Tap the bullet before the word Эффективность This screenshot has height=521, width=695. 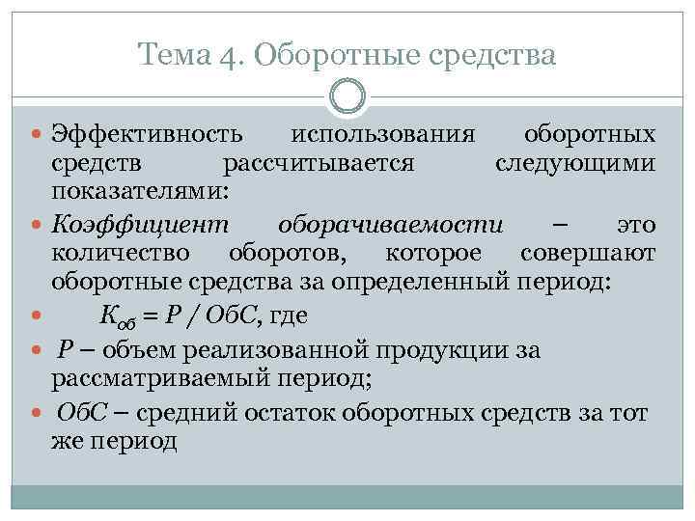pyautogui.click(x=38, y=134)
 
